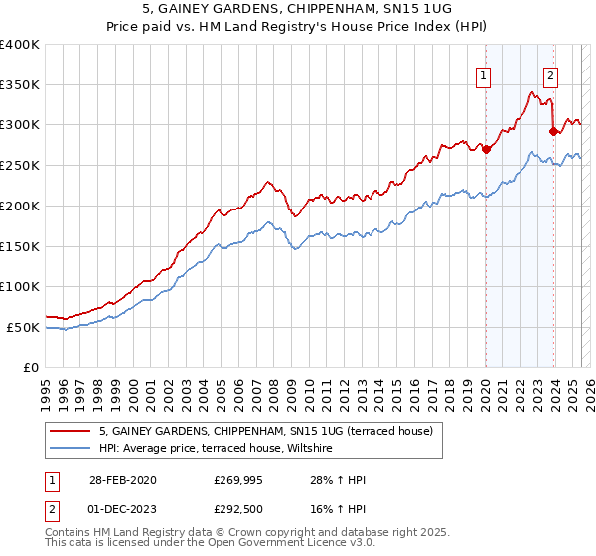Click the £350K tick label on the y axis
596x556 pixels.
(x=20, y=84)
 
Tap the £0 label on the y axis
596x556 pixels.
(x=31, y=367)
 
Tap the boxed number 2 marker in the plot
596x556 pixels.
(x=550, y=74)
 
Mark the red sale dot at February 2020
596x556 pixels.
(x=487, y=150)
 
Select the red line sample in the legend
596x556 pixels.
(x=71, y=432)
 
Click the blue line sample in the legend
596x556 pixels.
(x=71, y=450)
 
